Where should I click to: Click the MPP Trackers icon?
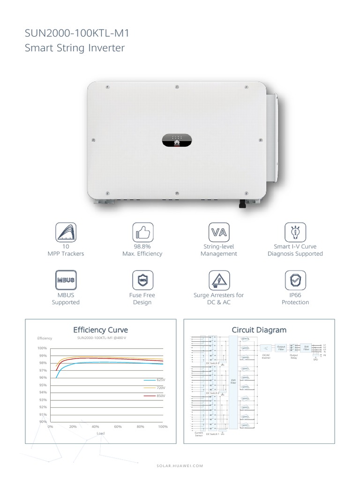pyautogui.click(x=67, y=232)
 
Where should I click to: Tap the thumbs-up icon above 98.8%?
pyautogui.click(x=142, y=232)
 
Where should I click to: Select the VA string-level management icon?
pyautogui.click(x=218, y=232)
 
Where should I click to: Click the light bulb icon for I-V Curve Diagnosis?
pyautogui.click(x=295, y=232)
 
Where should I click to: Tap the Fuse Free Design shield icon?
pyautogui.click(x=142, y=280)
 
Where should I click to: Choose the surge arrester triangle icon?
pyautogui.click(x=218, y=280)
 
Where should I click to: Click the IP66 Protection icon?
pyautogui.click(x=295, y=280)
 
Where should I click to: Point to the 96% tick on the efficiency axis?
pyautogui.click(x=43, y=378)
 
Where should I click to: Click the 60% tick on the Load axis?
pyautogui.click(x=118, y=427)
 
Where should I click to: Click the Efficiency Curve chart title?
pyautogui.click(x=100, y=330)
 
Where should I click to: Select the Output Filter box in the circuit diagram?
pyautogui.click(x=281, y=348)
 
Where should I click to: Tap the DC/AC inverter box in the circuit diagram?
pyautogui.click(x=266, y=348)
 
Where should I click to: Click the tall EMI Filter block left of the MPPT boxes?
pyautogui.click(x=233, y=382)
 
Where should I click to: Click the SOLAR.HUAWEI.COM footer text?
pyautogui.click(x=180, y=465)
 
